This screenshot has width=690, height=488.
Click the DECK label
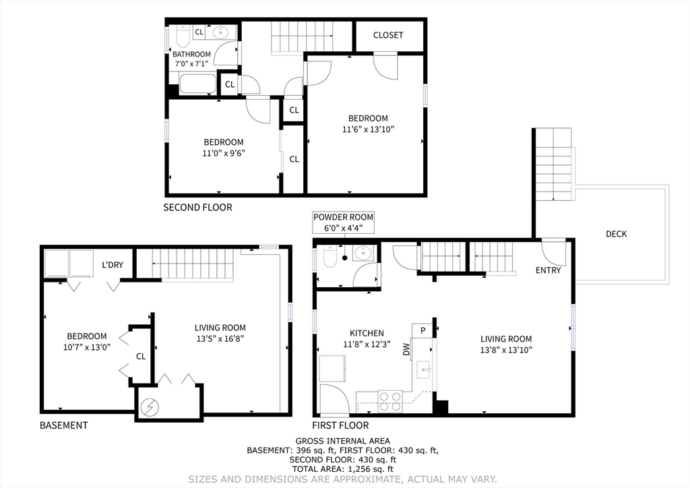coord(616,234)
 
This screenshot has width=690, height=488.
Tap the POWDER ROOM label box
coord(343,222)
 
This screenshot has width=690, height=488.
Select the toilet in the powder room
coord(330,256)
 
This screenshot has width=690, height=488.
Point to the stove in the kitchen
coord(390,400)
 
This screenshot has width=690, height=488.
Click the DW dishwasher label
coord(406,349)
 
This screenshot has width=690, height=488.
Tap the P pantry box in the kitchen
coord(422,330)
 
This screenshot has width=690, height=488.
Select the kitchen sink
coord(425,368)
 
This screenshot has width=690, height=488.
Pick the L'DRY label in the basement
coord(113,265)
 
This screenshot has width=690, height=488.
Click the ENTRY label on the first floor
coord(548,270)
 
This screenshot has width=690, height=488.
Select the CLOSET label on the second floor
coord(388,35)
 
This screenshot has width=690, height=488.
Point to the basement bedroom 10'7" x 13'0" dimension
coord(86,347)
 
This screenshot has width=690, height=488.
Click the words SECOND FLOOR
coord(197,208)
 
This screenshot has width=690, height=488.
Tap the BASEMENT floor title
coord(63,425)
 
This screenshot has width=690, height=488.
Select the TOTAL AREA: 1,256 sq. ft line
coord(343,469)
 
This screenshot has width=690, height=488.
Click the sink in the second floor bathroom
coord(220,32)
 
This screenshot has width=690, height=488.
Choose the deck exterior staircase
coord(553,164)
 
